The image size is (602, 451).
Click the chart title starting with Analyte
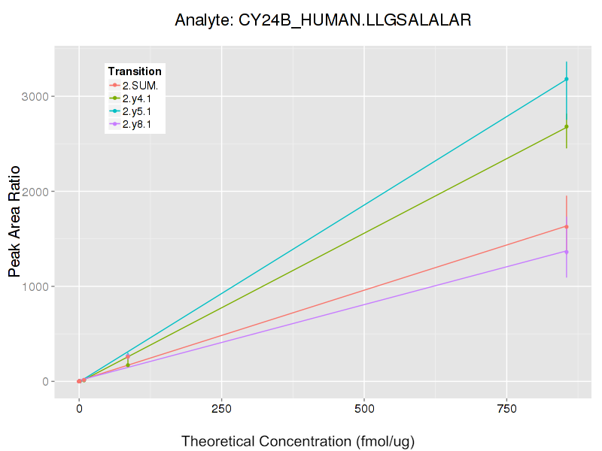tap(323, 20)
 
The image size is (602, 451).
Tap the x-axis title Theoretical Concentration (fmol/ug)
tap(298, 440)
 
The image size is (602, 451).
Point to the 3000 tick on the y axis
tap(38, 97)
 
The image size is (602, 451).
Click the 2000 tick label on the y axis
tap(38, 192)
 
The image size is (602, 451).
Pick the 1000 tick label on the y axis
tap(38, 286)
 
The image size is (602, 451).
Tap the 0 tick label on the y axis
tap(45, 382)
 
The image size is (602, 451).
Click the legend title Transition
tap(135, 71)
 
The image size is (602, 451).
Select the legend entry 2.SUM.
tap(140, 85)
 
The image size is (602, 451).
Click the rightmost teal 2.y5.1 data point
tap(566, 79)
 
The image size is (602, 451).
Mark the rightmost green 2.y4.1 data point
tap(566, 126)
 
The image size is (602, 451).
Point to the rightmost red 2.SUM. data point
tap(566, 226)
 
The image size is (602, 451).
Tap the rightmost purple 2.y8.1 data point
tap(566, 252)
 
